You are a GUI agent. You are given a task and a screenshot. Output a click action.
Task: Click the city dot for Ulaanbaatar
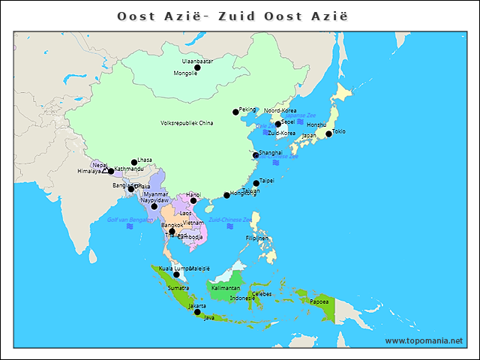pos(197,67)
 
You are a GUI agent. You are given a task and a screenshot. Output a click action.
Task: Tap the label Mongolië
pos(185,73)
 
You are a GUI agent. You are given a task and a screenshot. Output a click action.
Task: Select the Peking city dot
pos(235,112)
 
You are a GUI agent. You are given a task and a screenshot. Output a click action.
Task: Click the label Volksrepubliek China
pos(187,123)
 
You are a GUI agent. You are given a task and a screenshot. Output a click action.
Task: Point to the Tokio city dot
pos(328,134)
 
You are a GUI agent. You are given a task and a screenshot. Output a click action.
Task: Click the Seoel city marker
pos(277,124)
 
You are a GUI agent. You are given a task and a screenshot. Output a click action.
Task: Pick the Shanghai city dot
pos(256,155)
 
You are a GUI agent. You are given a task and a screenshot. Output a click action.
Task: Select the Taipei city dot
pos(256,183)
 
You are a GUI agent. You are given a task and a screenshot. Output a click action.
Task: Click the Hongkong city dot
pos(226,196)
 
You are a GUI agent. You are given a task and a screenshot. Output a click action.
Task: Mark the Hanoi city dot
pos(193,200)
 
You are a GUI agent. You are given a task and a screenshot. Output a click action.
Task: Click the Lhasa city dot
pos(134,162)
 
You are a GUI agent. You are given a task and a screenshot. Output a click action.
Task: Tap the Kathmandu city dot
pos(111,172)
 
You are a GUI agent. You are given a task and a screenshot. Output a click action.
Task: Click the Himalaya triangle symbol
pos(105,172)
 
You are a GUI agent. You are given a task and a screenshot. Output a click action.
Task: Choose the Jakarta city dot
pos(197,312)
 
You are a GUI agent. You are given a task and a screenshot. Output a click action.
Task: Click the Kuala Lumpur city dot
pos(176,274)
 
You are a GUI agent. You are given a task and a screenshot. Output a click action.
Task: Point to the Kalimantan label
pos(226,288)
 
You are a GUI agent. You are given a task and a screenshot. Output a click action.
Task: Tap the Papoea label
pos(318,301)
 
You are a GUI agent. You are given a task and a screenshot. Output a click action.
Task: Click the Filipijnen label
pos(256,238)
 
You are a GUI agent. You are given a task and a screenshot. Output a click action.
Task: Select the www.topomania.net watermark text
pos(424,340)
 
